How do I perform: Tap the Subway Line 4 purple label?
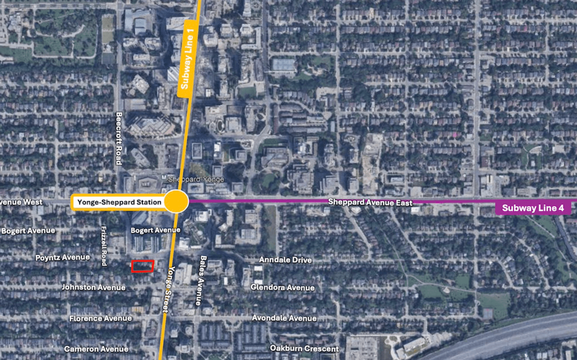533,208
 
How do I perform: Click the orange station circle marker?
176,201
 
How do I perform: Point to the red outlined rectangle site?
143,266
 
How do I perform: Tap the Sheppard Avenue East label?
370,202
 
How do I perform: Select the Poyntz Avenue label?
63,258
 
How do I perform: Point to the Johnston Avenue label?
93,287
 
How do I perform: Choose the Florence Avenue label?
100,319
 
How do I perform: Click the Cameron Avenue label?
96,349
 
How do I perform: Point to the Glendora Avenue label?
283,287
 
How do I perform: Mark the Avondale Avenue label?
284,318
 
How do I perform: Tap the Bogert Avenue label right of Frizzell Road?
155,230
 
